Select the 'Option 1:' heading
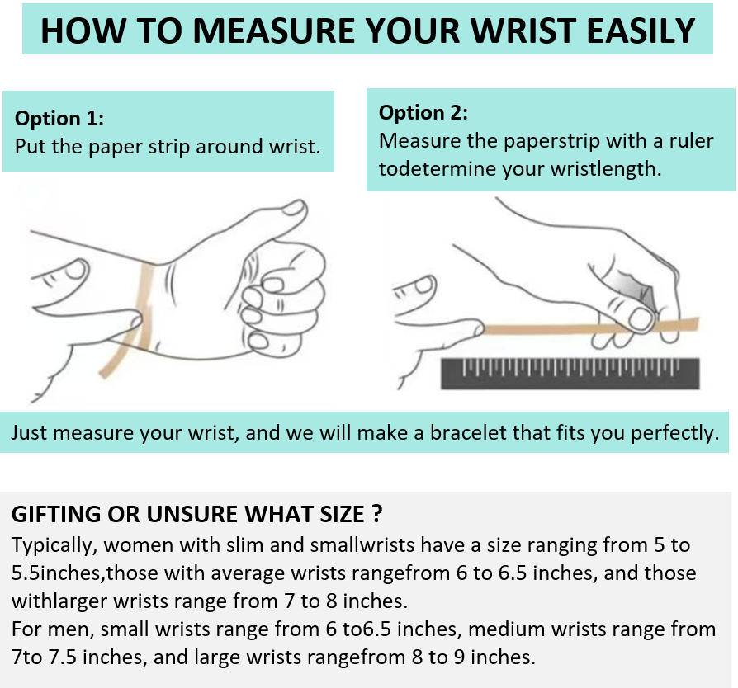coord(59,118)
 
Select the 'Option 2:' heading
coord(423,112)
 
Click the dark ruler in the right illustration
coord(570,374)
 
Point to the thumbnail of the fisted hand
coord(293,209)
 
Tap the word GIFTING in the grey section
coord(56,514)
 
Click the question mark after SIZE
coord(376,514)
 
